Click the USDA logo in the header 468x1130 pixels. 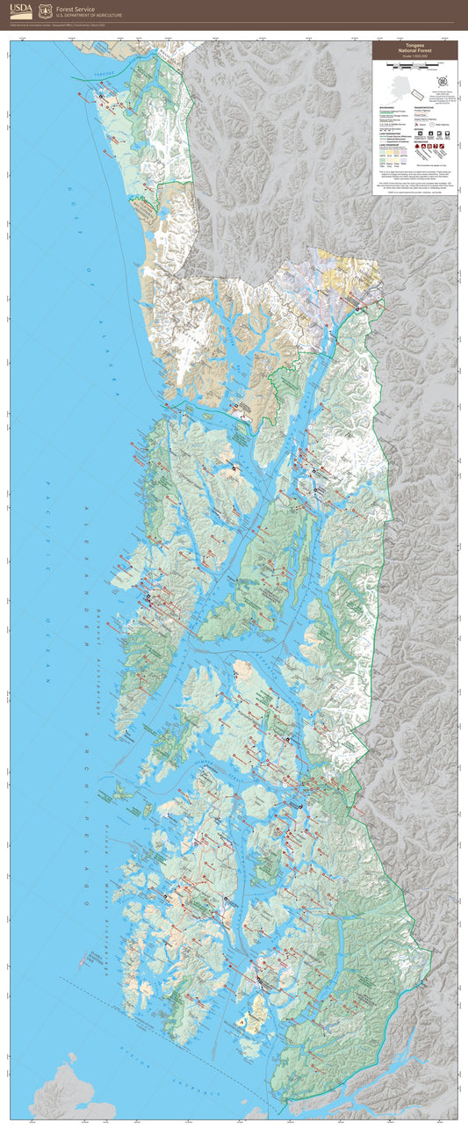pyautogui.click(x=21, y=10)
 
